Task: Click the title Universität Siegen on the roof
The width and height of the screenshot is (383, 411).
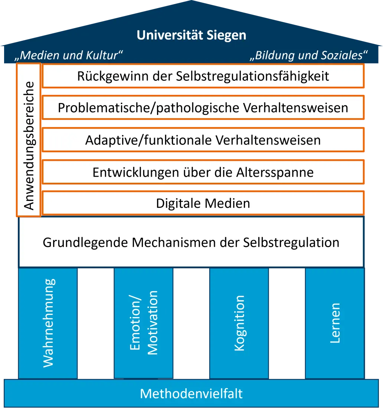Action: coord(191,35)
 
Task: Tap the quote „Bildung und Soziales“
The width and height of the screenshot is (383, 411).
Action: coord(309,56)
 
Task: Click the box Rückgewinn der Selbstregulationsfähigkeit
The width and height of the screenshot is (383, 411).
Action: coord(203,76)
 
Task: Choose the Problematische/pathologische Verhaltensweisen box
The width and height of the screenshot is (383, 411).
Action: coord(203,108)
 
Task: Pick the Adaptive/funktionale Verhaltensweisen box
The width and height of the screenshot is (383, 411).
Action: coord(203,140)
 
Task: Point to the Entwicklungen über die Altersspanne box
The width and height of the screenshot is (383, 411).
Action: coord(203,172)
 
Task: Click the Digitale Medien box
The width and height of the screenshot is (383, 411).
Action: coord(203,203)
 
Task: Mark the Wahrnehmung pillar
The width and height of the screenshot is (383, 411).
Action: coord(48,322)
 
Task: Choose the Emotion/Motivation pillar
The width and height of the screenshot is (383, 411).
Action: coord(144,322)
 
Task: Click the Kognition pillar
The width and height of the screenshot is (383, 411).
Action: coord(239,322)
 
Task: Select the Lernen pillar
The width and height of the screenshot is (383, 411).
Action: coord(335,322)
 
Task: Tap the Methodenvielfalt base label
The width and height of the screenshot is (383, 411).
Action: coord(191,393)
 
